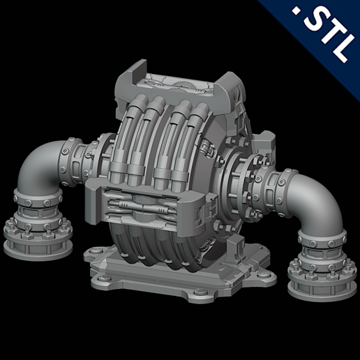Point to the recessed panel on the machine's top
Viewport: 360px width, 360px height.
click(180, 82)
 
